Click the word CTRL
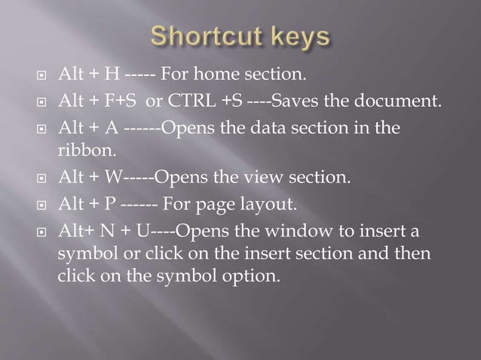[201, 102]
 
